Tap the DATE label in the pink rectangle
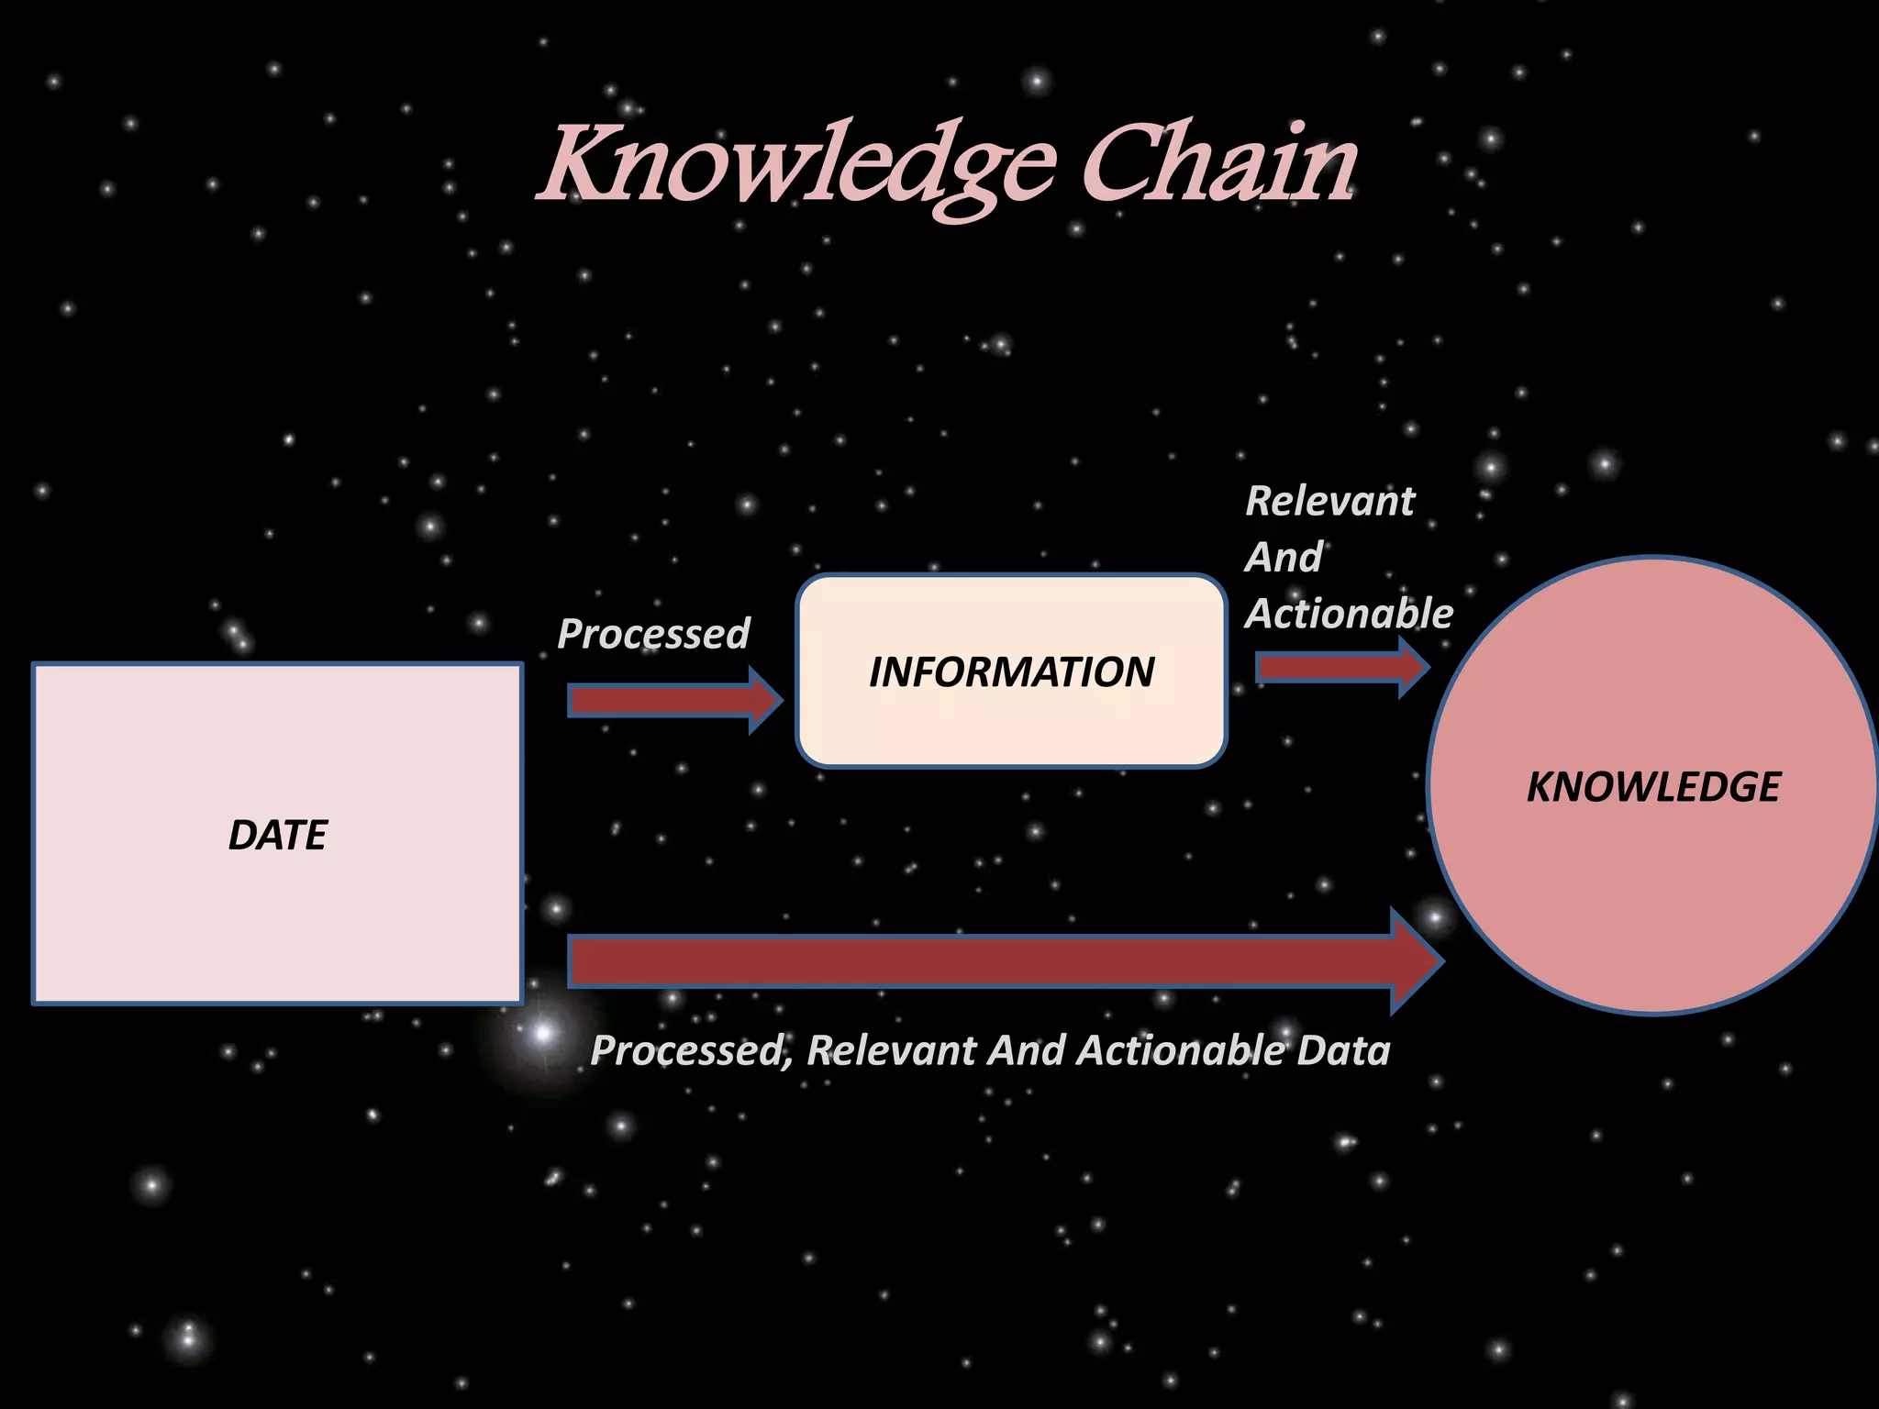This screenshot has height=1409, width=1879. click(277, 835)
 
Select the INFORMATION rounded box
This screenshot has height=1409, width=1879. click(1011, 671)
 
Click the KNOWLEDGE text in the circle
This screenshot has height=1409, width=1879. click(1653, 787)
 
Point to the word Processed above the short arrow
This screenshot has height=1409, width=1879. click(653, 634)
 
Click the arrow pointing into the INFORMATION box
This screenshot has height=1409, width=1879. click(674, 701)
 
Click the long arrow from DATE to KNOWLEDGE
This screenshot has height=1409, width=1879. click(991, 961)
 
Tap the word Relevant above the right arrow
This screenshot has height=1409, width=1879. click(1330, 502)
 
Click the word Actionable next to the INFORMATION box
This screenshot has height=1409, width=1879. click(1349, 614)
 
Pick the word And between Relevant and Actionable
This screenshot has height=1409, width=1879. click(1284, 558)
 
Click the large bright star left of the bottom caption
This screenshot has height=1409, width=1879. click(543, 1034)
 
